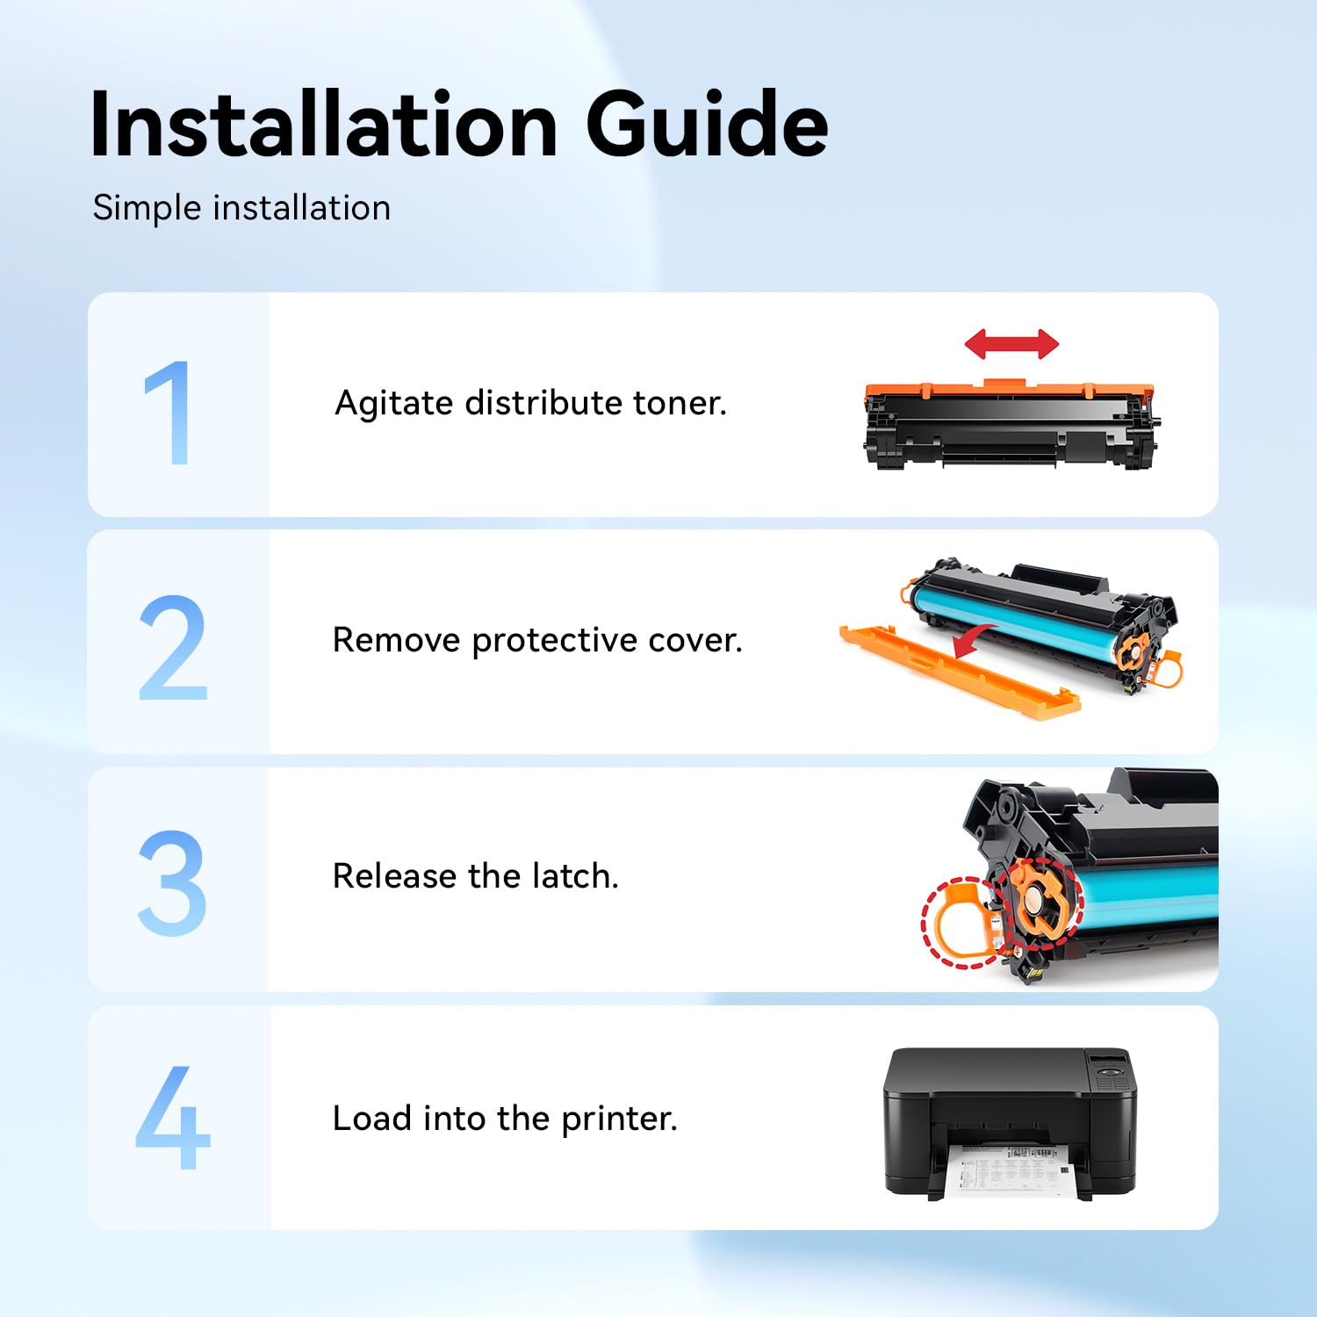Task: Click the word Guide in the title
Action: click(707, 124)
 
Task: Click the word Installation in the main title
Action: click(324, 124)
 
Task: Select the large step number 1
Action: click(169, 412)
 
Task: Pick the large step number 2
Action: click(172, 647)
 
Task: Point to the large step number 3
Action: click(172, 882)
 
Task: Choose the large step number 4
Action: click(173, 1117)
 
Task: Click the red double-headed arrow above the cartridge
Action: click(1011, 344)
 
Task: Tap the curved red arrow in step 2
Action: click(973, 640)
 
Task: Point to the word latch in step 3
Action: click(575, 876)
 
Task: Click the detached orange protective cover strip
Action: click(959, 672)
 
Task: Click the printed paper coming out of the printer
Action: click(1010, 1170)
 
